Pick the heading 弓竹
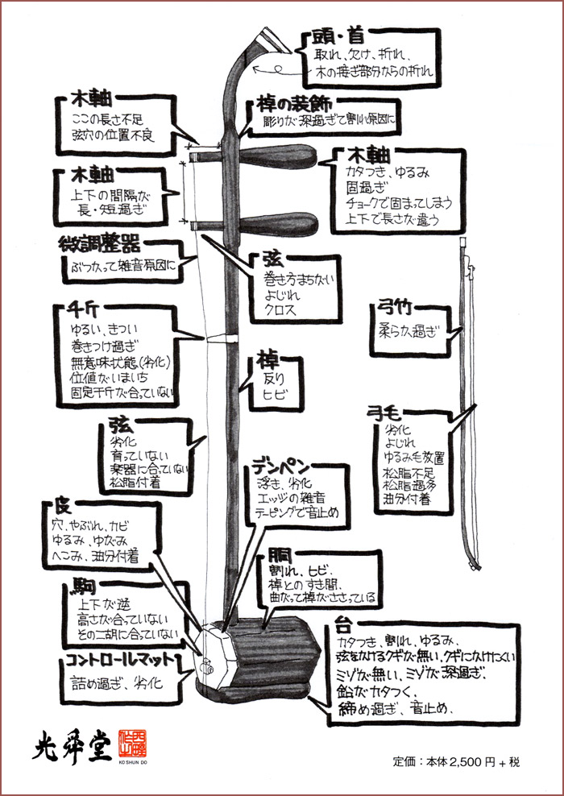(x=396, y=308)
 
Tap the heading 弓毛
(x=386, y=412)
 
